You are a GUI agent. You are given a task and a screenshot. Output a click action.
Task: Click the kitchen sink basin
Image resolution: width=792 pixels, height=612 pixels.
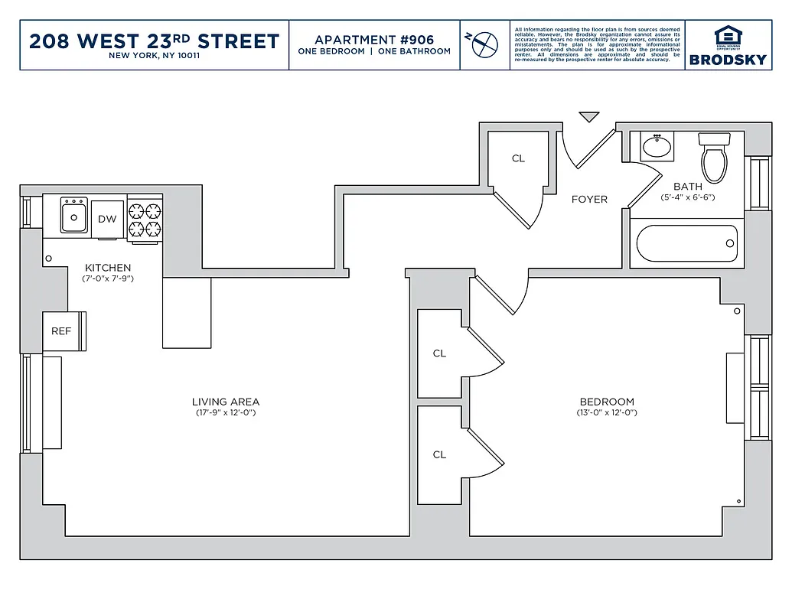pos(74,217)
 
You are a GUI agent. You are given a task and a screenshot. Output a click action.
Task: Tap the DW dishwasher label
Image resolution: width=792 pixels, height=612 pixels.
pos(107,220)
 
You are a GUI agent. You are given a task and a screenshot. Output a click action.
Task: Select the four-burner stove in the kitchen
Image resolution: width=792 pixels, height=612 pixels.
pos(145,220)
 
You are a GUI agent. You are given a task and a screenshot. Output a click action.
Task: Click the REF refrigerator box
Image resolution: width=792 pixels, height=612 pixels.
pos(61,331)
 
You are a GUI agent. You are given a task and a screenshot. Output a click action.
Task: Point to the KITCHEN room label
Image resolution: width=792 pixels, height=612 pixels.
pos(108,268)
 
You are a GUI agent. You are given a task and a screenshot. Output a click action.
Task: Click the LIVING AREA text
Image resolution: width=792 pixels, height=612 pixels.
pos(225,402)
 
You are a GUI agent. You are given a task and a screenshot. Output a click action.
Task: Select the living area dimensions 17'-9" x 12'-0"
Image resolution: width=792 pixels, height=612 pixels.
pos(225,413)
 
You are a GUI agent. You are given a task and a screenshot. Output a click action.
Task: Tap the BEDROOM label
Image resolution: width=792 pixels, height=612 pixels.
pos(607,402)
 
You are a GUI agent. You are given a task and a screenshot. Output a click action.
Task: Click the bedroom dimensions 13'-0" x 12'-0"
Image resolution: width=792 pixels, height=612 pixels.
pos(607,413)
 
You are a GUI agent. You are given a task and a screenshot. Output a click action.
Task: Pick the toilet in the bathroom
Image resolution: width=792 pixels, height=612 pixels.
pos(715,157)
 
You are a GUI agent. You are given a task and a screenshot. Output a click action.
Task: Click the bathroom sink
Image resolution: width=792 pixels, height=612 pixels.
pos(657,146)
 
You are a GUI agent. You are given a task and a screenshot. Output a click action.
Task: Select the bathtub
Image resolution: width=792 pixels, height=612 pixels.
pos(686,243)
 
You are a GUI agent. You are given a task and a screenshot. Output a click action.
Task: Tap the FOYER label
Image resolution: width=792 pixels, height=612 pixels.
pos(589,200)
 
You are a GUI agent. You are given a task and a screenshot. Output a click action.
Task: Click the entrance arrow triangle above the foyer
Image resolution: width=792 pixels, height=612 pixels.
pos(588,117)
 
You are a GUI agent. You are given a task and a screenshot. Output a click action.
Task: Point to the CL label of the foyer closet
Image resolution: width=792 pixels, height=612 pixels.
pos(518,158)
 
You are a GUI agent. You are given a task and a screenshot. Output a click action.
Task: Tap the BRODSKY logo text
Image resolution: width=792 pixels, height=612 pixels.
pos(727,59)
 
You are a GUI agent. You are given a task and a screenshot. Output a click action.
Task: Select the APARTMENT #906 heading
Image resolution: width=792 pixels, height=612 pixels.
pos(374,39)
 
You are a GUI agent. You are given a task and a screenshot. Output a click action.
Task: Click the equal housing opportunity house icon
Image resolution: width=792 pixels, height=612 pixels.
pos(727,36)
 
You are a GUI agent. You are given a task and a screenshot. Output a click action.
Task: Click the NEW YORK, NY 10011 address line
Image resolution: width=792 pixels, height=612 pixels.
pos(154,56)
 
